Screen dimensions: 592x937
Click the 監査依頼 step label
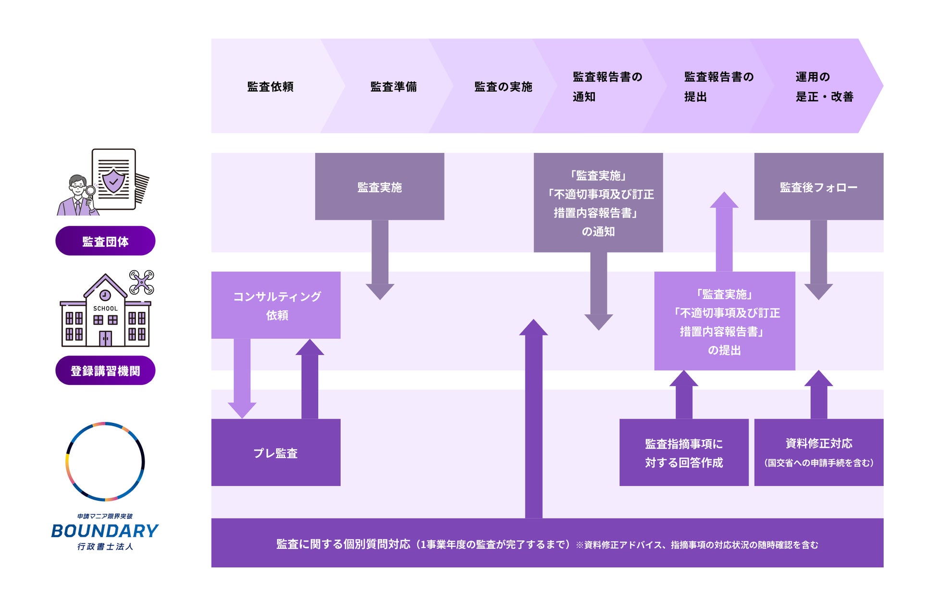pyautogui.click(x=270, y=86)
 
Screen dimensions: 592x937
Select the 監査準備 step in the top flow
pyautogui.click(x=394, y=86)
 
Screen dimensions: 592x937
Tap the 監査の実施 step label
pyautogui.click(x=503, y=86)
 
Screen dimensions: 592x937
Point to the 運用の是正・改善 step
pyautogui.click(x=824, y=86)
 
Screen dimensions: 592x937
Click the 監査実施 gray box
pyautogui.click(x=380, y=187)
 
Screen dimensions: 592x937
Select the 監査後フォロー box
pyautogui.click(x=818, y=187)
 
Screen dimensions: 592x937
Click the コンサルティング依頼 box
pyautogui.click(x=276, y=306)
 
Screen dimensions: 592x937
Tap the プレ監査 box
pyautogui.click(x=276, y=453)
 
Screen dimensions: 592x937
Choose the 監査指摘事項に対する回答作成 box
pyautogui.click(x=684, y=453)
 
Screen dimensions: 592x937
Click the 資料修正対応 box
pyautogui.click(x=818, y=453)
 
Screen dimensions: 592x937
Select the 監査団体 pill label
pyautogui.click(x=105, y=241)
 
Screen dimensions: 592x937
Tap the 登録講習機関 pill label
pyautogui.click(x=105, y=370)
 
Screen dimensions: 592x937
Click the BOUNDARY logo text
pyautogui.click(x=105, y=531)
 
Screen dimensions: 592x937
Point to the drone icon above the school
pyautogui.click(x=142, y=282)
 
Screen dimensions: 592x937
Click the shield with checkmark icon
pyautogui.click(x=113, y=181)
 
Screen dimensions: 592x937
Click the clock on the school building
pyautogui.click(x=105, y=295)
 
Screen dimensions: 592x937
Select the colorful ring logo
pyautogui.click(x=105, y=461)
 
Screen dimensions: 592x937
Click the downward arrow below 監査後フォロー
pyautogui.click(x=818, y=259)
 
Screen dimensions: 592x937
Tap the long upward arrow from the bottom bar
pyautogui.click(x=533, y=418)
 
